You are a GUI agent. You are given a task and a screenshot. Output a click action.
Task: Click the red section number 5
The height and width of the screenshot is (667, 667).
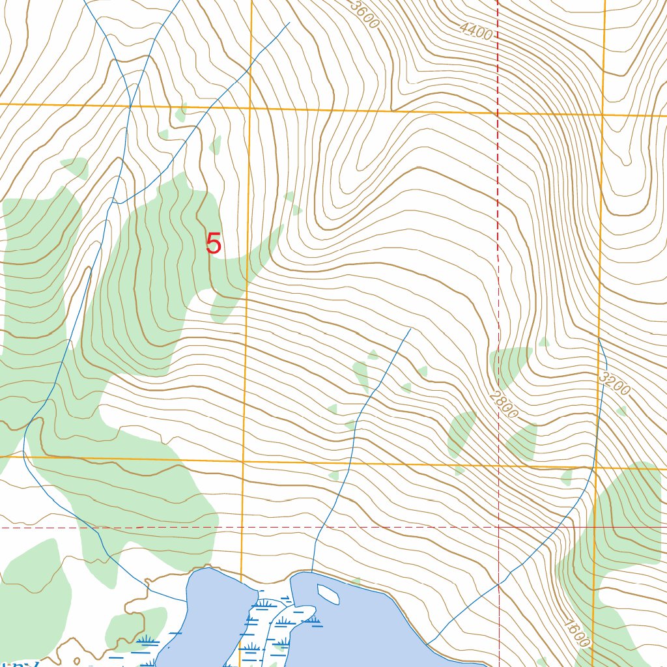(x=214, y=244)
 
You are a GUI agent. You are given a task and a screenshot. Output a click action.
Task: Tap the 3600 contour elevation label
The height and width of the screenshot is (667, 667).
(x=364, y=14)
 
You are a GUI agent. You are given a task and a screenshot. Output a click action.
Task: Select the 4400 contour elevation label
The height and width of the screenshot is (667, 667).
(x=475, y=30)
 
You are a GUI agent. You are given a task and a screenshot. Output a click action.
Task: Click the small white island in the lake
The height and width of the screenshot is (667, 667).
(x=328, y=593)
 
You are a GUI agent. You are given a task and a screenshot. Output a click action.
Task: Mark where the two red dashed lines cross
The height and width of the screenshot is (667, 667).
(x=498, y=527)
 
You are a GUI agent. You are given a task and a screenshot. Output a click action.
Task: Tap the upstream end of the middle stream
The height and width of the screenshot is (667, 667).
(x=410, y=329)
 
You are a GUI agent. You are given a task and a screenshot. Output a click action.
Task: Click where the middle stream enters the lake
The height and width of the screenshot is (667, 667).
(x=311, y=571)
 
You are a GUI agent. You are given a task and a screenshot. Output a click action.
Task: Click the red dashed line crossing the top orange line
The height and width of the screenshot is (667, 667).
(x=498, y=113)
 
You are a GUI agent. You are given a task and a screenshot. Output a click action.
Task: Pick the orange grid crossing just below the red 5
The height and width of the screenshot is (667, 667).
(x=243, y=461)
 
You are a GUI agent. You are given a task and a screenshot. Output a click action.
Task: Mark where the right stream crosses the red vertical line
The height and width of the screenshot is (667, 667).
(x=498, y=584)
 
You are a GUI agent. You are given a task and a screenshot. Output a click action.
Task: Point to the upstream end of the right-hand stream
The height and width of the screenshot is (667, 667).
(x=599, y=339)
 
